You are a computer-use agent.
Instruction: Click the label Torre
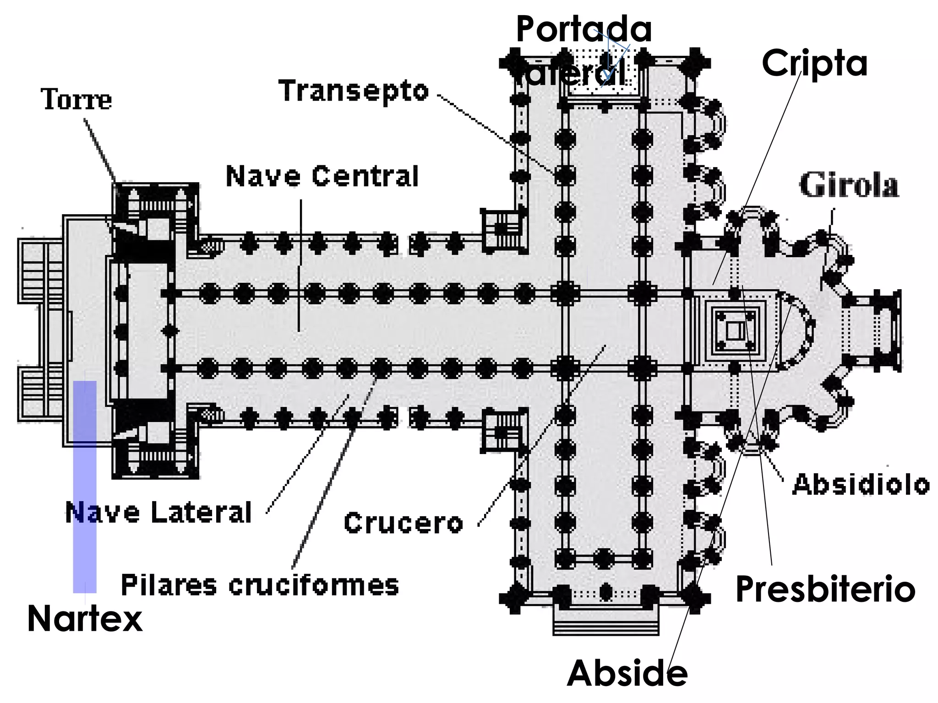coord(76,99)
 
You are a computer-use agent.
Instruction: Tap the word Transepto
coord(354,91)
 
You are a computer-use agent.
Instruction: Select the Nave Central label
coord(322,176)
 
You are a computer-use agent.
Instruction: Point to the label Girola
coord(849,185)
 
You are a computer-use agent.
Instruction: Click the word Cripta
coord(814,64)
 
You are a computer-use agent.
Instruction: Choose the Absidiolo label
coord(861,484)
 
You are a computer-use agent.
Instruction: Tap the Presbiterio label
coord(825,589)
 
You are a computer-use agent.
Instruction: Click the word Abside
coord(627,673)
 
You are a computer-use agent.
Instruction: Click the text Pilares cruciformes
coord(260,585)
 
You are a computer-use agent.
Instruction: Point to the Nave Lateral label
coord(158,512)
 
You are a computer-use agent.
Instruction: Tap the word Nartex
coord(85,619)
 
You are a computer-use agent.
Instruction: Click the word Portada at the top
coord(584,28)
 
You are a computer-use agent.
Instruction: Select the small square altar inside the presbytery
coord(735,330)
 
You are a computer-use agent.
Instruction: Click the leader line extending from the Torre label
coord(100,151)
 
